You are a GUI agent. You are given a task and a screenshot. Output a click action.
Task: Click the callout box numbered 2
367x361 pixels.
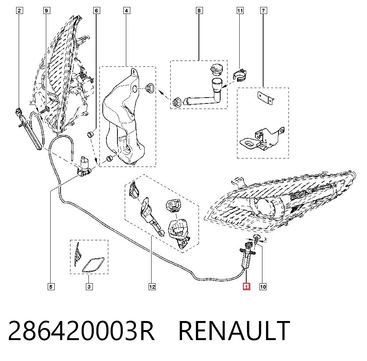(19, 11)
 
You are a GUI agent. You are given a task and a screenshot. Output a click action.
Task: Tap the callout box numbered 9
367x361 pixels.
(46, 11)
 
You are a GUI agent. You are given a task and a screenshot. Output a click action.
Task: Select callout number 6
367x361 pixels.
(97, 11)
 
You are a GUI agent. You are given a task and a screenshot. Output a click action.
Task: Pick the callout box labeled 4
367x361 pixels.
(126, 11)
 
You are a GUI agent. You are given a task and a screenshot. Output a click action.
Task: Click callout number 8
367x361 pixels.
(199, 11)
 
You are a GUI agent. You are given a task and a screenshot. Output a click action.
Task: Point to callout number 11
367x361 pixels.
(240, 11)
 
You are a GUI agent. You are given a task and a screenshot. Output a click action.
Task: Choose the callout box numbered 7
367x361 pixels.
(263, 11)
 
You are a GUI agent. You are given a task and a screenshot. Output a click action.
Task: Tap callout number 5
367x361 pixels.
(51, 287)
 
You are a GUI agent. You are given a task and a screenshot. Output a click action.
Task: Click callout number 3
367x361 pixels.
(89, 287)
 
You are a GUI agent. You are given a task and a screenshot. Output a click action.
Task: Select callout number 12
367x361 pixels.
(152, 287)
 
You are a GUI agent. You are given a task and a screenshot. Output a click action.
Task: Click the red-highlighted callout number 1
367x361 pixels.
(247, 287)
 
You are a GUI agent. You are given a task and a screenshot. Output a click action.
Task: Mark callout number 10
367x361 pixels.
(263, 287)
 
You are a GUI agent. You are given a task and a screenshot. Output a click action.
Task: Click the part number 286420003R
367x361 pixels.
(81, 331)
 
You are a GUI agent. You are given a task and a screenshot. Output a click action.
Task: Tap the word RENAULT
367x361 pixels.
(234, 331)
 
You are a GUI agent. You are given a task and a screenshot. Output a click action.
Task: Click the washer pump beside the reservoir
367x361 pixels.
(84, 167)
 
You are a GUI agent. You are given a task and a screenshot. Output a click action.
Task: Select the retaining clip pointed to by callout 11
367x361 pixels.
(240, 75)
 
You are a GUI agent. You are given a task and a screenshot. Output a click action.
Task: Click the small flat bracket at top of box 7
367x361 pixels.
(266, 98)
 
